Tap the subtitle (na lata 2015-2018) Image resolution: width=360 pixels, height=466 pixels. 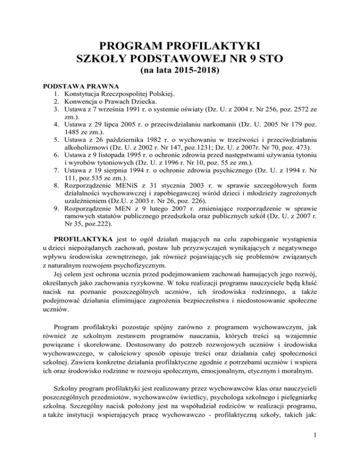(180, 72)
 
